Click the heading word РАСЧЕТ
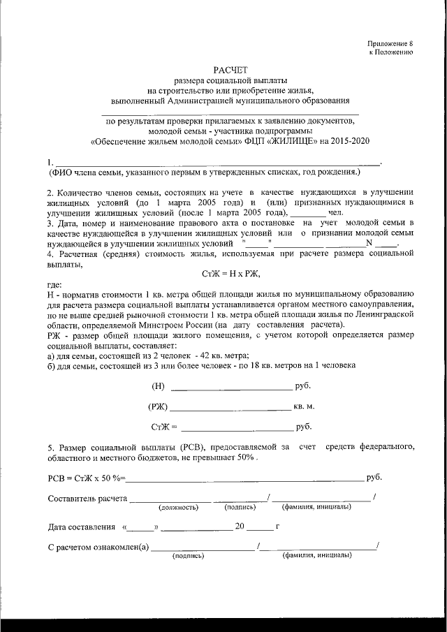click(x=230, y=69)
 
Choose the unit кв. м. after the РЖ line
click(x=305, y=406)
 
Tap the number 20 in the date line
click(x=240, y=527)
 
